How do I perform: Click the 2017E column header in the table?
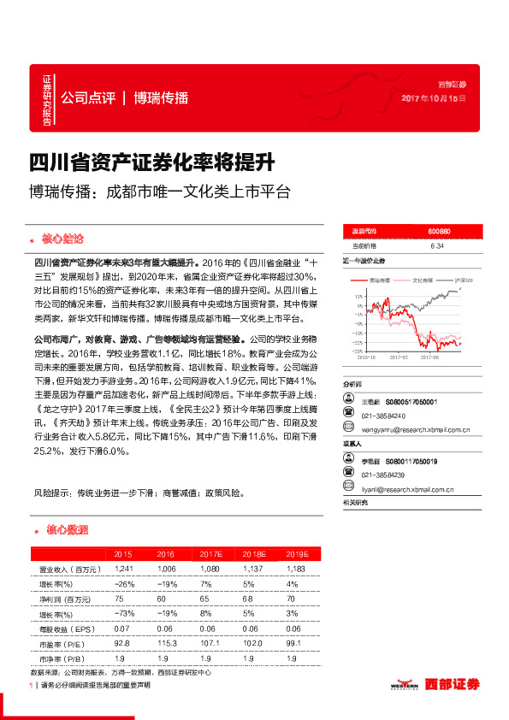(x=204, y=554)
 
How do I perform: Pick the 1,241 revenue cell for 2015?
(x=122, y=569)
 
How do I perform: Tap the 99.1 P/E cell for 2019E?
(x=293, y=641)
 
